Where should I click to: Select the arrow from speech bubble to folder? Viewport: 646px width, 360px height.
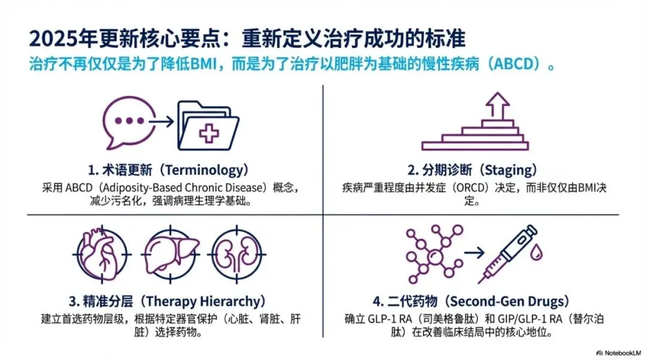click(x=161, y=121)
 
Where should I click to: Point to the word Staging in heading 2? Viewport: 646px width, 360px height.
click(x=505, y=170)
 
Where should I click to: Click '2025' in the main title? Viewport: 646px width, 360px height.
click(x=49, y=39)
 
